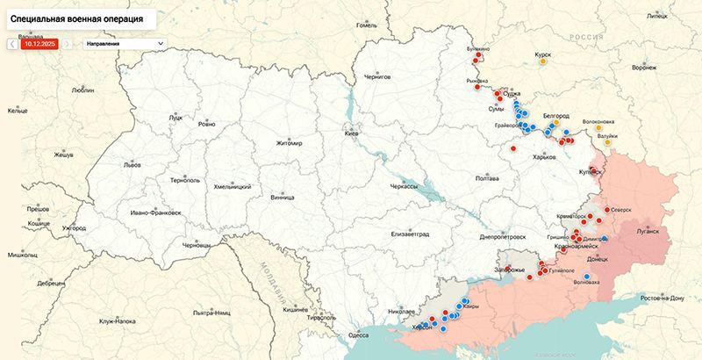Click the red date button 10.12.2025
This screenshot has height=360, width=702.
coord(39,42)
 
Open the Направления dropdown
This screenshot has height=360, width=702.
coord(123,42)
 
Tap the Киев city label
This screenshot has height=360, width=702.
coord(353,133)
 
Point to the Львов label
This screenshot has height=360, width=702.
coord(133,164)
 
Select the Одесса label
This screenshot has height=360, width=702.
coord(359,335)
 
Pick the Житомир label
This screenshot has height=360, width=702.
coord(289,143)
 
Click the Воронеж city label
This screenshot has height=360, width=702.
coord(644,68)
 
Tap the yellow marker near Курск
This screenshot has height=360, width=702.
coord(544,62)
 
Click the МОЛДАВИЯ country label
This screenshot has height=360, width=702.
coord(267,280)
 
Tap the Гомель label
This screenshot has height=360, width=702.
coord(366,25)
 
